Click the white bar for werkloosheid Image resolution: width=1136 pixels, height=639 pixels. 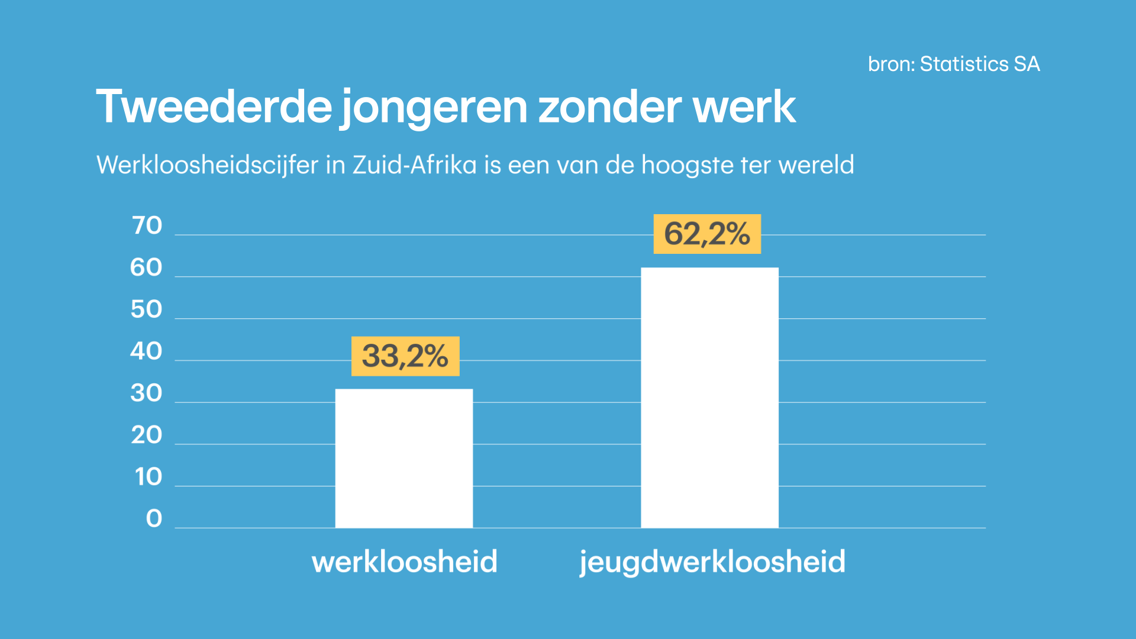[x=404, y=458]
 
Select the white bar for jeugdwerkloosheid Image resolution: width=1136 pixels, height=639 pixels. [x=709, y=398]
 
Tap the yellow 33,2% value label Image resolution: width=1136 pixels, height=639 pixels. [x=405, y=356]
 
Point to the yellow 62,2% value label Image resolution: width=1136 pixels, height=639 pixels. [x=707, y=234]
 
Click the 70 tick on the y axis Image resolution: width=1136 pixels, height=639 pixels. [x=147, y=225]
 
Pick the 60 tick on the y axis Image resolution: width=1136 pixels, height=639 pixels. [x=146, y=267]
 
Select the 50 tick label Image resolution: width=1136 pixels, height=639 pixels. [x=146, y=309]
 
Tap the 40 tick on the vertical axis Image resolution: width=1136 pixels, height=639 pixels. [x=146, y=351]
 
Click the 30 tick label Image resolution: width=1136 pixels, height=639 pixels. [x=146, y=393]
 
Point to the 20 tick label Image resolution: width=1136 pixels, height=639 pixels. [x=146, y=435]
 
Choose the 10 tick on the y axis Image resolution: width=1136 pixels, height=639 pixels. [x=148, y=477]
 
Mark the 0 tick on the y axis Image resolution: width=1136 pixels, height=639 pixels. [x=154, y=518]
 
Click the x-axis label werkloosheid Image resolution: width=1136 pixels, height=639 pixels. [x=405, y=561]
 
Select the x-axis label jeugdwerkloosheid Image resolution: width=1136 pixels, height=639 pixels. [x=712, y=561]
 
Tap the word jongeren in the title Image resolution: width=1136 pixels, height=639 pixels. [x=434, y=108]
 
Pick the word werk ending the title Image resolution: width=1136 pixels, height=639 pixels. [x=744, y=106]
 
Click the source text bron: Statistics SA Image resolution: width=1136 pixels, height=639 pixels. [x=954, y=64]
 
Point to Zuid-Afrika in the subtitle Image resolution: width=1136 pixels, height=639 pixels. [x=414, y=164]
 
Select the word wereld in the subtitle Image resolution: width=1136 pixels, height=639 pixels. [x=816, y=164]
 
